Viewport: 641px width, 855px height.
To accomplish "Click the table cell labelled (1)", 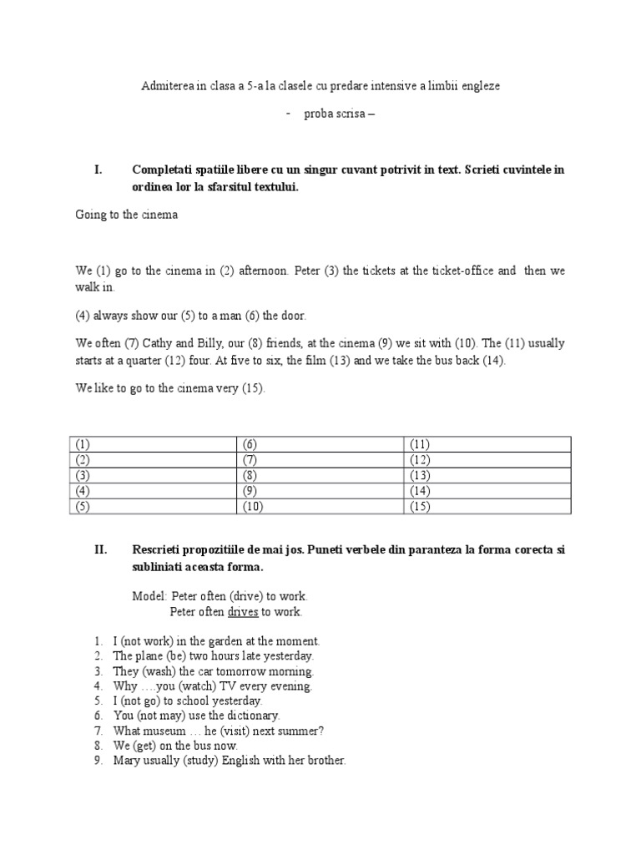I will pyautogui.click(x=154, y=444).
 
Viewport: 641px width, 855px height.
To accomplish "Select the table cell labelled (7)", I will pyautogui.click(x=321, y=460).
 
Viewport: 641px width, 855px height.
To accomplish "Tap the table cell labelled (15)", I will pyautogui.click(x=488, y=507).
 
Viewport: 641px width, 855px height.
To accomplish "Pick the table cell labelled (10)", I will pyautogui.click(x=321, y=507).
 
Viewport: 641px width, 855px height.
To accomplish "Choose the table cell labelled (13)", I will pyautogui.click(x=488, y=475).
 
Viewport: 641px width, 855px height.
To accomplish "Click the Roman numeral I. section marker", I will pyautogui.click(x=98, y=169).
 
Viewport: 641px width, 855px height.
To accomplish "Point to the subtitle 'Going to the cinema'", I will pyautogui.click(x=126, y=215).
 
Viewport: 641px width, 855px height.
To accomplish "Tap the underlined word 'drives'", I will pyautogui.click(x=242, y=612).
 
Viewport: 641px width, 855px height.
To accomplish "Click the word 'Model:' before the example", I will pyautogui.click(x=150, y=596).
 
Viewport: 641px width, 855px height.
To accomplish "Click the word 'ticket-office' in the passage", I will pyautogui.click(x=464, y=271).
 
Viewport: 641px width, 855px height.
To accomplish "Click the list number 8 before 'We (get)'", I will pyautogui.click(x=98, y=746).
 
